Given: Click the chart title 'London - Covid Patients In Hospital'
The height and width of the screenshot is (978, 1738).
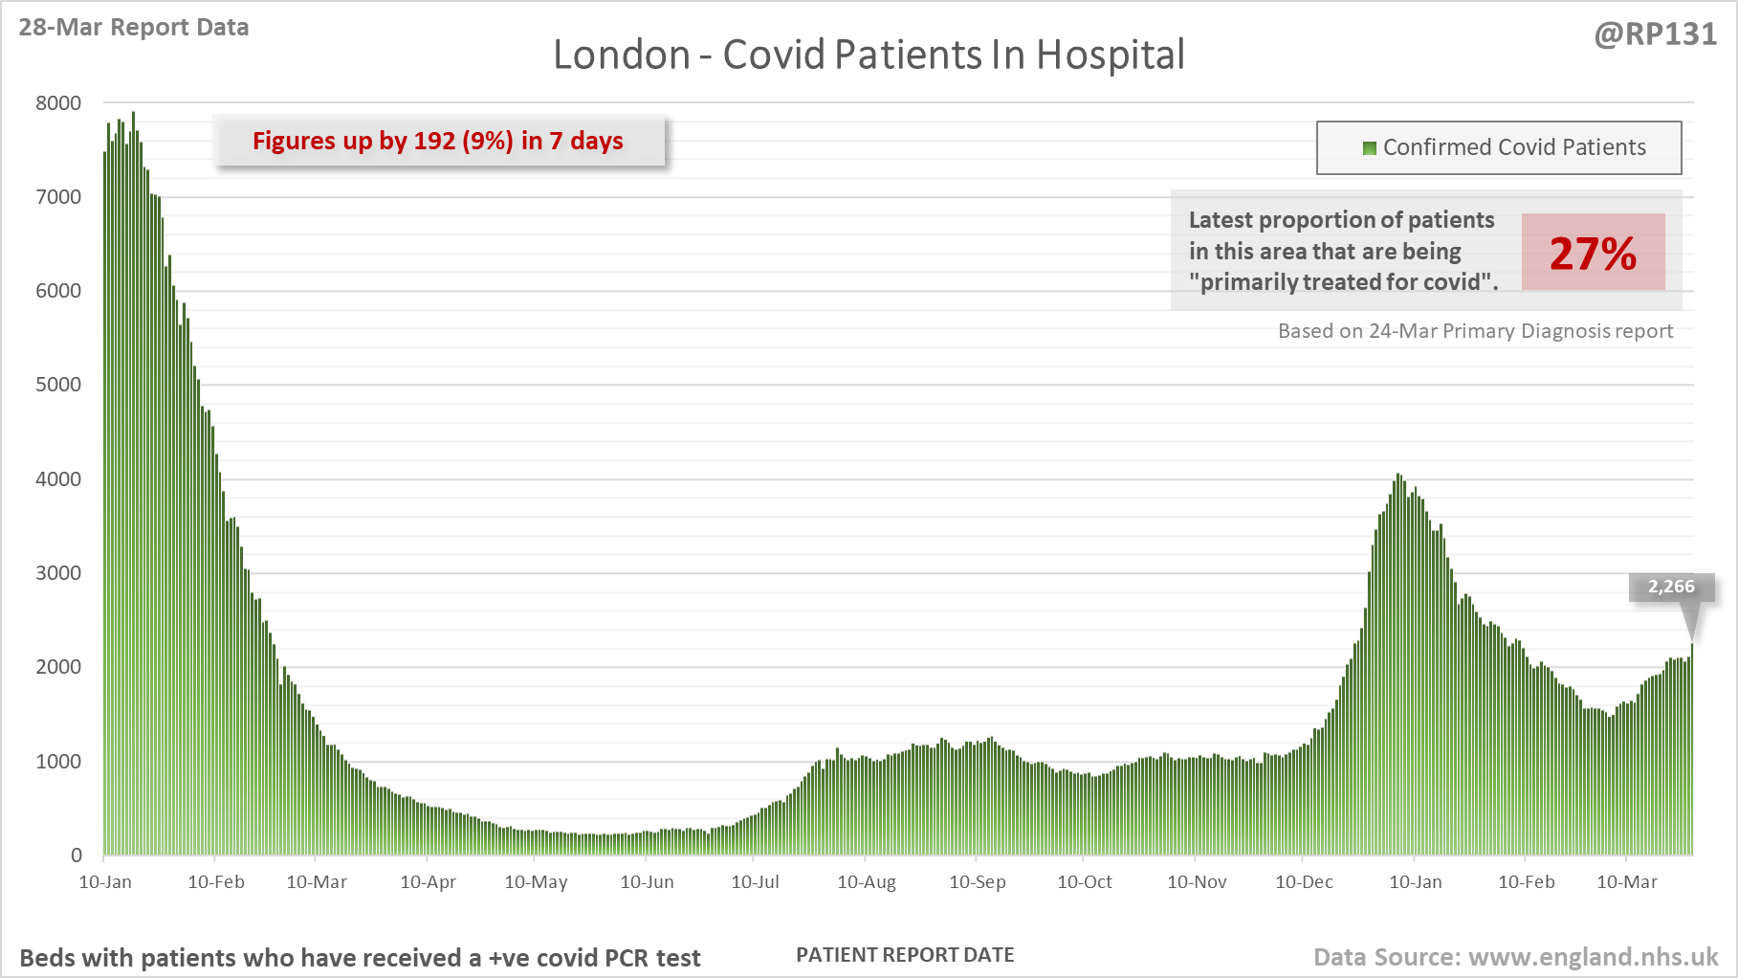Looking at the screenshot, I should [869, 55].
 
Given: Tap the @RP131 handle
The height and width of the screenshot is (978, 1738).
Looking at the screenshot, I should [1655, 34].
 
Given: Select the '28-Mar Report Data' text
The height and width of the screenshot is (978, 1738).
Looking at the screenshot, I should [134, 27].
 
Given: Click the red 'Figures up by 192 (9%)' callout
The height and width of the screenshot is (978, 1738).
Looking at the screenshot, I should [438, 141].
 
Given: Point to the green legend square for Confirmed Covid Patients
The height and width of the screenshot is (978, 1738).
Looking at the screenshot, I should [1369, 147].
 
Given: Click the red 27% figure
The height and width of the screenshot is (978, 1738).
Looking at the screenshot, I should [1593, 253].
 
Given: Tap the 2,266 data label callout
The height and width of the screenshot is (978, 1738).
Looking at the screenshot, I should [1670, 587].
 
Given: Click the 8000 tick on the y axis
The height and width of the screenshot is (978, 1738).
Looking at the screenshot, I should [58, 103].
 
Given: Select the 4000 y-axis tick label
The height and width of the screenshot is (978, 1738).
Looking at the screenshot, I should [58, 479].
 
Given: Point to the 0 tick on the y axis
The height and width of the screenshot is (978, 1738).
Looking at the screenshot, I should [77, 856].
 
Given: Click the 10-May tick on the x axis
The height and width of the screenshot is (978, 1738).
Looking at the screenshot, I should [536, 881].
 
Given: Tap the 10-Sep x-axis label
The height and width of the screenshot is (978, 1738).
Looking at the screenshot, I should [977, 881].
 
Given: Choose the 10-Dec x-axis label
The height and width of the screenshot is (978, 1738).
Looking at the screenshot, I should [1304, 881].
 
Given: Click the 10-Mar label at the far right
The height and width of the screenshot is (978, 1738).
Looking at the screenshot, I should [1627, 881].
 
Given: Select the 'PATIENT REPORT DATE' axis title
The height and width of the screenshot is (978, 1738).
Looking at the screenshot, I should [905, 955].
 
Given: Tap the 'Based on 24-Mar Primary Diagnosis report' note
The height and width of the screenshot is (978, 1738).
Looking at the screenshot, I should [1475, 331].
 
